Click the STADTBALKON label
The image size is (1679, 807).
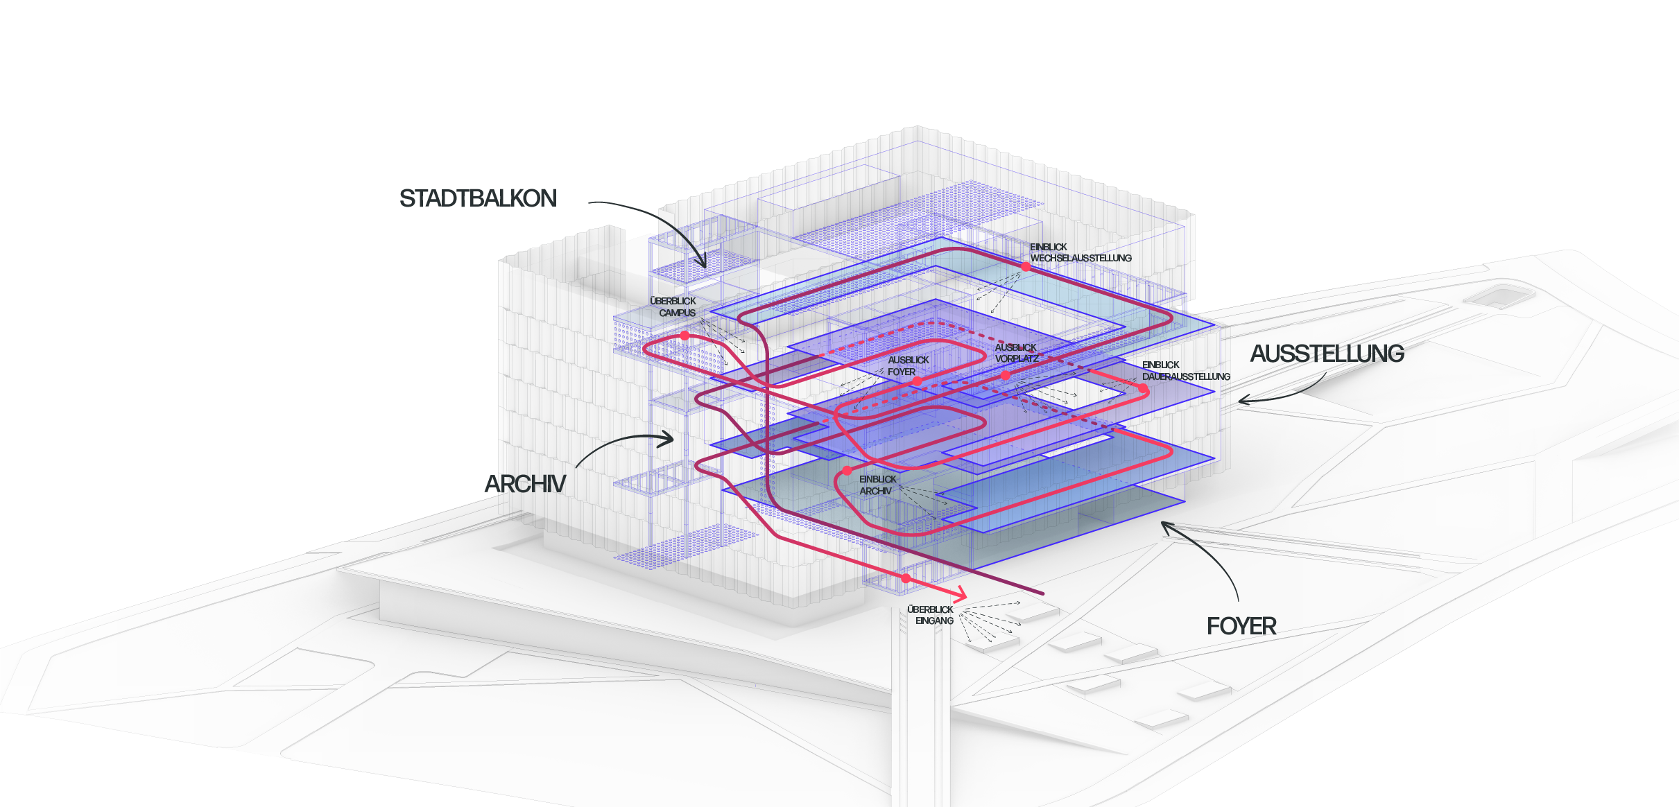(x=478, y=199)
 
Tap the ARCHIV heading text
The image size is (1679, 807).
(x=525, y=484)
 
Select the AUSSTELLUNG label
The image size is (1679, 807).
(x=1327, y=354)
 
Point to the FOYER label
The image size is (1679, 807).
(x=1241, y=627)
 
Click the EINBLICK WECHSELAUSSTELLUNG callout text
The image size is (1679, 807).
(x=1080, y=252)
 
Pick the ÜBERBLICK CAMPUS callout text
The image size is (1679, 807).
(x=673, y=307)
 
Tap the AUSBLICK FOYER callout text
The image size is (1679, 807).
(x=908, y=366)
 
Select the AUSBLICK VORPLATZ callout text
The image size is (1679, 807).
(x=1016, y=353)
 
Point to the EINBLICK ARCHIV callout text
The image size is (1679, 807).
(x=877, y=485)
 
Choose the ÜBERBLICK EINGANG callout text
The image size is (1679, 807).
(x=931, y=615)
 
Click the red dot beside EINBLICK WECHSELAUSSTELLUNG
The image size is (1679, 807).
(x=1026, y=266)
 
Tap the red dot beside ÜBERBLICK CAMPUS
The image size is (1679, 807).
(x=684, y=336)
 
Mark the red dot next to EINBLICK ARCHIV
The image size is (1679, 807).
(x=847, y=471)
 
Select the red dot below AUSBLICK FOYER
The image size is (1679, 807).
(x=917, y=381)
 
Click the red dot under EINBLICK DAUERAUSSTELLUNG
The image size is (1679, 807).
(x=1143, y=389)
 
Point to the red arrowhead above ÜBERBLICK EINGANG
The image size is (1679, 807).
(x=961, y=594)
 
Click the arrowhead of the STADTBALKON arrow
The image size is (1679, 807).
(x=704, y=266)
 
